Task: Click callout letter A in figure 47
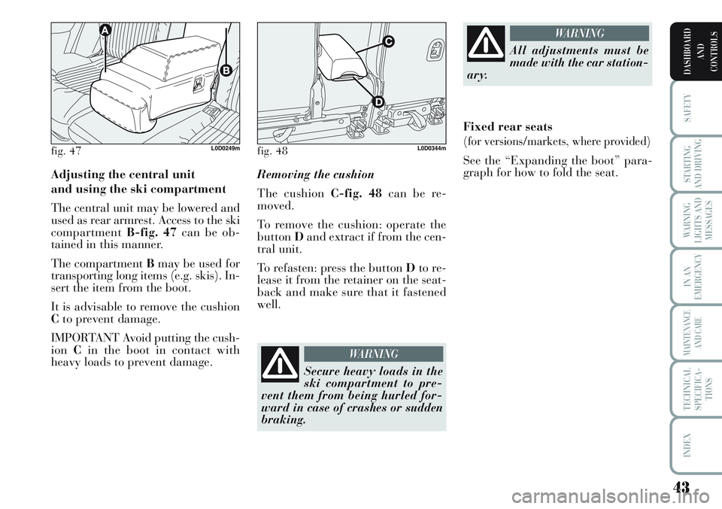tap(105, 30)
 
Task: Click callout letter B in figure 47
tap(225, 70)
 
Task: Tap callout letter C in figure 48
tap(388, 42)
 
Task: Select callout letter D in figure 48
tap(378, 101)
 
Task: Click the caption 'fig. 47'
tap(66, 150)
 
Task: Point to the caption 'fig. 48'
tap(272, 150)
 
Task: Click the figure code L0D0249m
tap(225, 148)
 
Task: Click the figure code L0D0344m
tap(432, 148)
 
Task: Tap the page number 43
tap(681, 486)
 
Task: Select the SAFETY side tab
tap(688, 108)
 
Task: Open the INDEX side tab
tap(688, 445)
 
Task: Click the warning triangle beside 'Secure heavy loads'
tap(281, 365)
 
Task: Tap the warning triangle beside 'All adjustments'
tap(487, 44)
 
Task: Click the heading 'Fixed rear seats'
tap(508, 126)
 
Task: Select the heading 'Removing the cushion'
tap(315, 175)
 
